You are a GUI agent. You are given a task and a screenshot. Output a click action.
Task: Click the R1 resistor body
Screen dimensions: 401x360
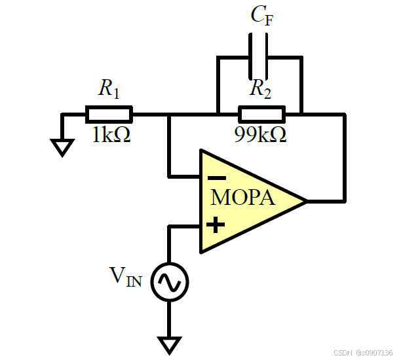click(109, 115)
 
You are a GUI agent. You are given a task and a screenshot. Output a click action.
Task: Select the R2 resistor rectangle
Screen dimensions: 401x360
click(262, 115)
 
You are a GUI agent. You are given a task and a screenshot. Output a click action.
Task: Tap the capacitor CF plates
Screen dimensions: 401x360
click(259, 56)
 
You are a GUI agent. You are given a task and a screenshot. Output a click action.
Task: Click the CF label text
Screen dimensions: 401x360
click(262, 15)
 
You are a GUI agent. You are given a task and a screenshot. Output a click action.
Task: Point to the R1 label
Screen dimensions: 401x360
click(109, 88)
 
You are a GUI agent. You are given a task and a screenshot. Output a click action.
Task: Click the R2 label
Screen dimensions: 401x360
click(260, 88)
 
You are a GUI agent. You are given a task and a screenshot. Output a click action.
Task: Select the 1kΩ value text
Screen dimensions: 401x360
click(111, 134)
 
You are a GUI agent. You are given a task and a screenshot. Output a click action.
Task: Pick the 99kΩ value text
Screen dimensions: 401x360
click(260, 134)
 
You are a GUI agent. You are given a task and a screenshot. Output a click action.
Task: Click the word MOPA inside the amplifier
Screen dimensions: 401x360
click(242, 198)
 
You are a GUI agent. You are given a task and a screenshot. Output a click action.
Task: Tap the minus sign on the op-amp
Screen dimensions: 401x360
click(217, 178)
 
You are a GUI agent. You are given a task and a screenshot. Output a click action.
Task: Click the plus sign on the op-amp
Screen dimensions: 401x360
click(216, 225)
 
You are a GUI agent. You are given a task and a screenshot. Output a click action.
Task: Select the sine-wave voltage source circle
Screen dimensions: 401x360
click(170, 282)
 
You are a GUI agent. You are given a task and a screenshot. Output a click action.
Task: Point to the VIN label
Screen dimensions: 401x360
click(126, 277)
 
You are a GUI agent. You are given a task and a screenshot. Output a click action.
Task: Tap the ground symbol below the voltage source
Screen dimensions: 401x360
click(169, 346)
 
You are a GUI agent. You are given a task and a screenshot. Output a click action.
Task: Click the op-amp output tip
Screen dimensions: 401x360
click(307, 202)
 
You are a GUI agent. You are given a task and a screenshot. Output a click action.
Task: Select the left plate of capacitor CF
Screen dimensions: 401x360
click(250, 56)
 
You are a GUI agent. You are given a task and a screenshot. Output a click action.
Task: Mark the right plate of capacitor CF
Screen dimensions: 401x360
click(267, 56)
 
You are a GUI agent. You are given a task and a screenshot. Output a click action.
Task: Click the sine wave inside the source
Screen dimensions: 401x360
click(170, 282)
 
